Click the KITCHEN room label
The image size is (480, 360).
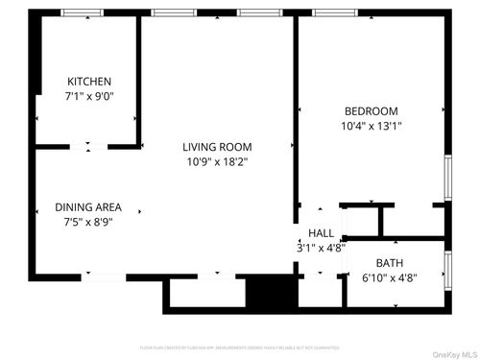tap(88, 82)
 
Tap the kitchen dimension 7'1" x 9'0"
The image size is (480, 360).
tap(88, 96)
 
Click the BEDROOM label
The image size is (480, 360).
tap(371, 110)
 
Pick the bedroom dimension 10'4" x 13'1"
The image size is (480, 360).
tap(371, 125)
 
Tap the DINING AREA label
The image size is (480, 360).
tap(87, 206)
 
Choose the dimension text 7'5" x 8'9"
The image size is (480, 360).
tap(87, 221)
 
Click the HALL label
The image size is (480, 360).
tap(321, 233)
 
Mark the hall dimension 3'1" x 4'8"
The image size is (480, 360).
tap(321, 248)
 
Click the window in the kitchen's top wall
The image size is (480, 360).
tap(83, 12)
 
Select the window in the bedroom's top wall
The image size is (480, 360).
tap(334, 12)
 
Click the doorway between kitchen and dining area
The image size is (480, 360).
tap(88, 147)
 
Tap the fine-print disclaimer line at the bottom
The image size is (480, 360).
tap(240, 347)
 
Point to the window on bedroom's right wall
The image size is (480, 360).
tap(447, 178)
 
